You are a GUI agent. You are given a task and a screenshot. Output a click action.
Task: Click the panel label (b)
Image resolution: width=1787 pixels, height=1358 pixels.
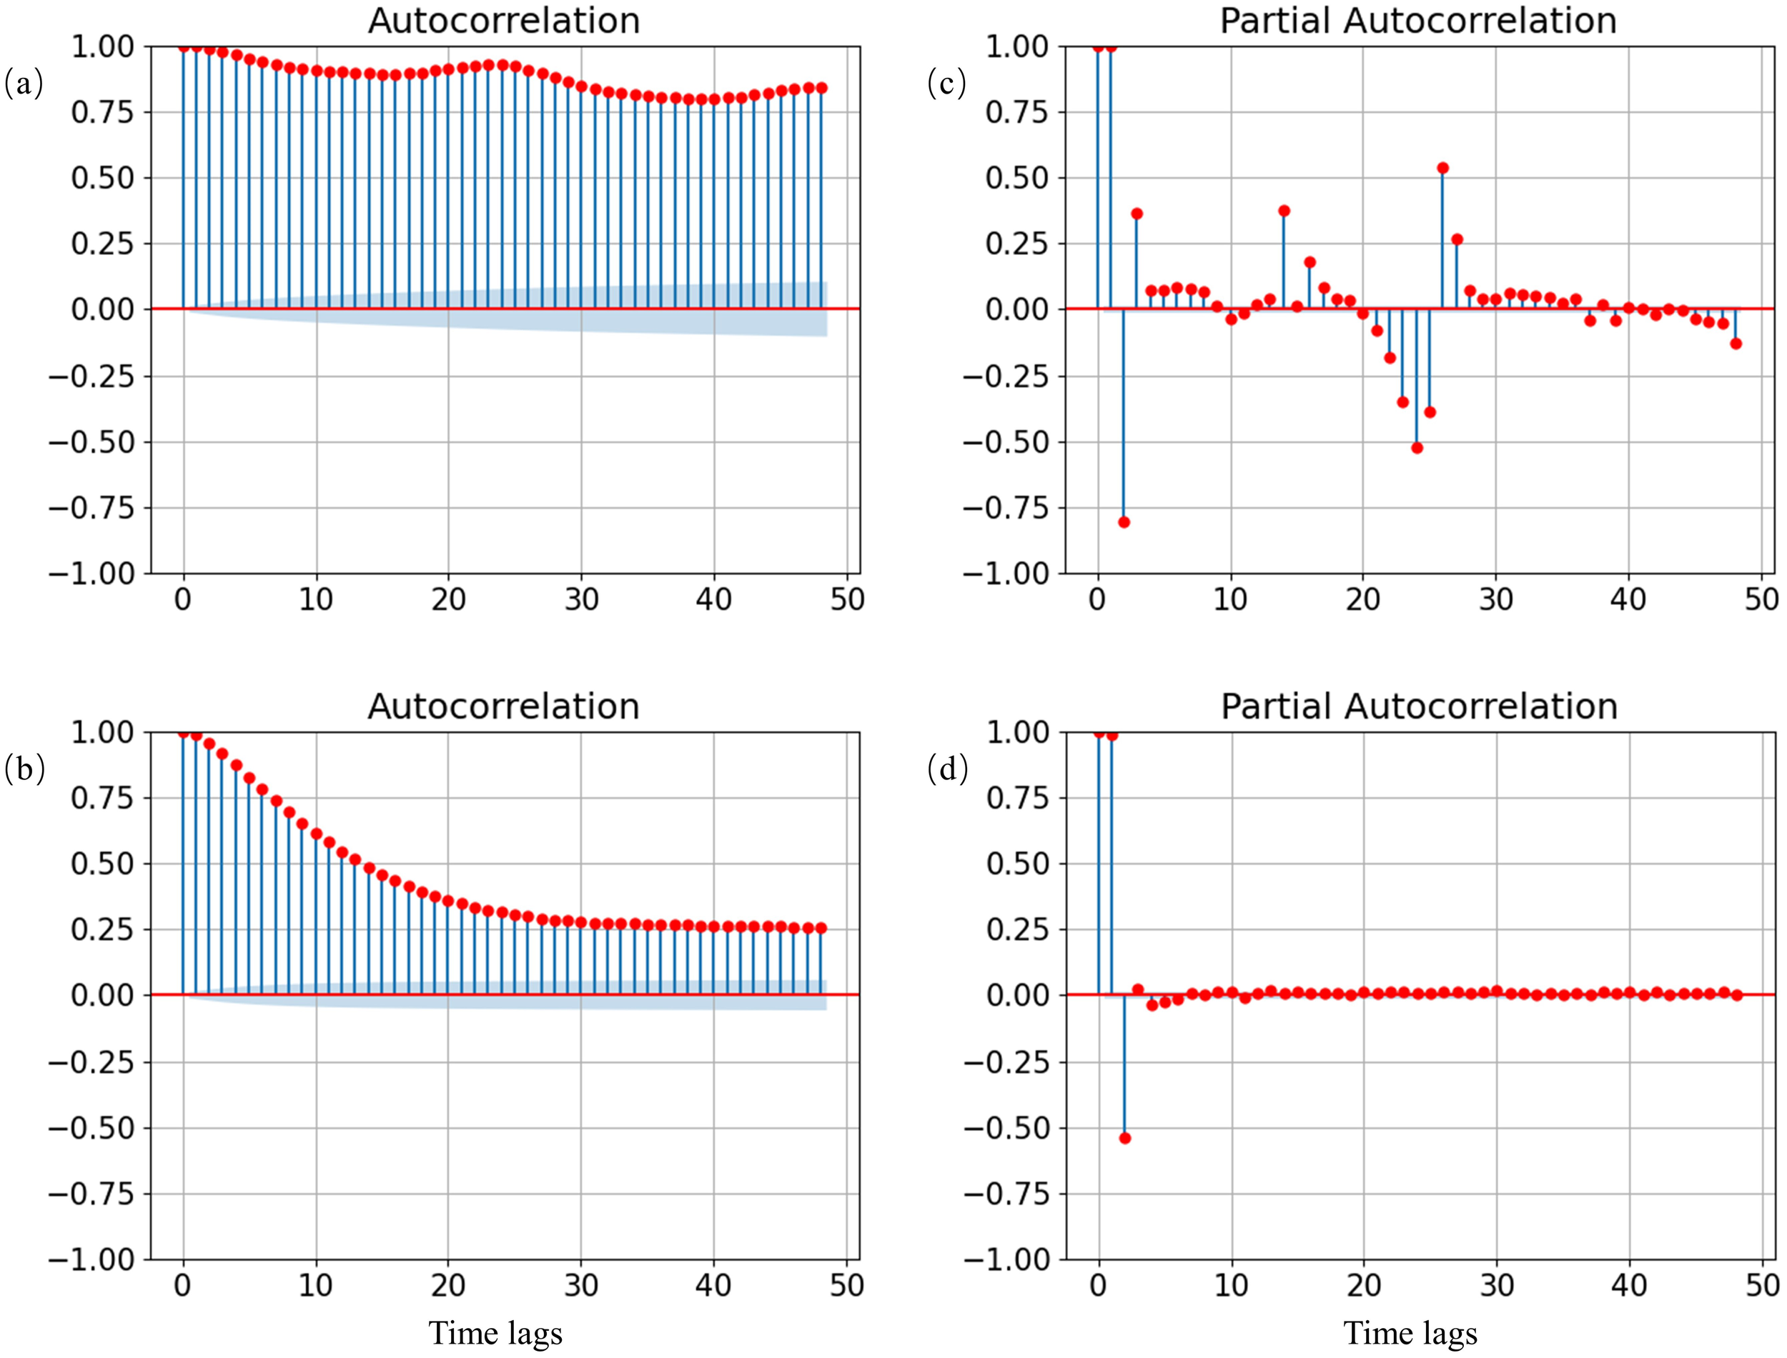coord(24,769)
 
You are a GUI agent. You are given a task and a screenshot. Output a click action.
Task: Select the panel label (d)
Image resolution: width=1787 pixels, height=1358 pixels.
coord(947,769)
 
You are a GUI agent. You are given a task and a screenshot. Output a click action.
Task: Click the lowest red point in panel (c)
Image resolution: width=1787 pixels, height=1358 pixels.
coord(1123,522)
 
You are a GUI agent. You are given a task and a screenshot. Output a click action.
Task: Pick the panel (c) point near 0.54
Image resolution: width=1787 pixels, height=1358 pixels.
coord(1442,168)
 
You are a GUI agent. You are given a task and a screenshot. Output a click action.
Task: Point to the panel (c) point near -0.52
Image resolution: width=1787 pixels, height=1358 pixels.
coord(1417,448)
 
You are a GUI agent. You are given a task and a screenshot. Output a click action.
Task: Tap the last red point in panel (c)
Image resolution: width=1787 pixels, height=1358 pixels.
coord(1736,344)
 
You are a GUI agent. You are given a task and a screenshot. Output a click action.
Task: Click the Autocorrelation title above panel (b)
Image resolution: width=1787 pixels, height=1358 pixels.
coord(503,707)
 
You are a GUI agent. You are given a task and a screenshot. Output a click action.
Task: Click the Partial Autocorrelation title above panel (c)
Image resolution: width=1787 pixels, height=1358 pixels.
coord(1417,20)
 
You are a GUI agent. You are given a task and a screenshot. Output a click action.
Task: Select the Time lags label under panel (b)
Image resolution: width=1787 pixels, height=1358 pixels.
coord(495,1333)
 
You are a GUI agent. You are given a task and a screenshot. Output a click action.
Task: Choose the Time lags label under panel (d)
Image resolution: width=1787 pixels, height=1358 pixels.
coord(1410,1333)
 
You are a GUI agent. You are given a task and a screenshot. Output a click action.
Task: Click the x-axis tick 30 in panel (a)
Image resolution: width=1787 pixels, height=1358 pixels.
coord(580,600)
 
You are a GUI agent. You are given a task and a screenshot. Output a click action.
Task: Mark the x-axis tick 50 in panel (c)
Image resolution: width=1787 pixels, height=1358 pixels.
coord(1761,600)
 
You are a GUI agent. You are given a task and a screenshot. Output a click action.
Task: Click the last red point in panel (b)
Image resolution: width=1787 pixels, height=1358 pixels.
coord(821,928)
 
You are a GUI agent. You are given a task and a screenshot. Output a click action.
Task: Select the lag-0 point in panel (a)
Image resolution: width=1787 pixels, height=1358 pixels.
coord(184,47)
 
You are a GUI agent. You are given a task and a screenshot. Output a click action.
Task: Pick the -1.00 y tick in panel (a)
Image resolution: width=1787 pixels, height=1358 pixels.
coord(91,574)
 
